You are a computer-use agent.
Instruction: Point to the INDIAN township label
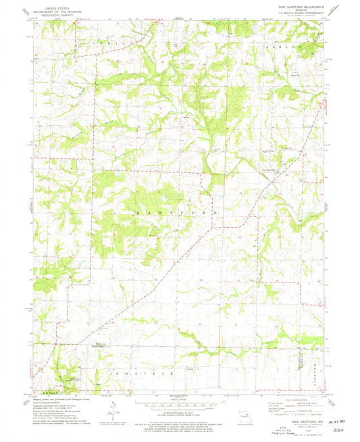click(120, 41)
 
